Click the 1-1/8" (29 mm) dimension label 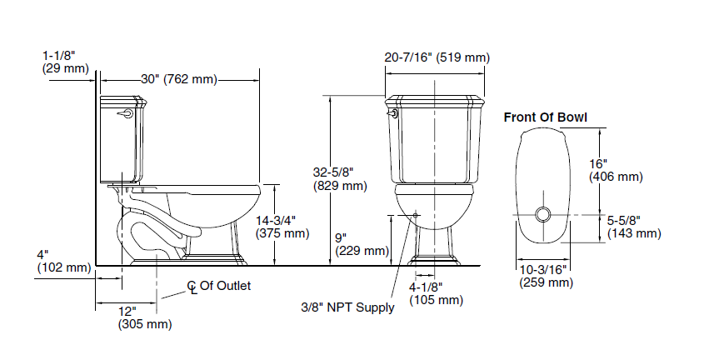pos(66,62)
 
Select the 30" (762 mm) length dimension pos(179,79)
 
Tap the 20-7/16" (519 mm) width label pos(437,57)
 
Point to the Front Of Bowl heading pos(545,117)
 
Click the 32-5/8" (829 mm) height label pos(340,178)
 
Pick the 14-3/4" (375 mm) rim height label pos(282,227)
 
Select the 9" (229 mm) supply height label pos(362,244)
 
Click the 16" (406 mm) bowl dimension pos(616,170)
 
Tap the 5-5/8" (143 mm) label pos(634,227)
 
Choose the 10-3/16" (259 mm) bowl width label pos(547,276)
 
